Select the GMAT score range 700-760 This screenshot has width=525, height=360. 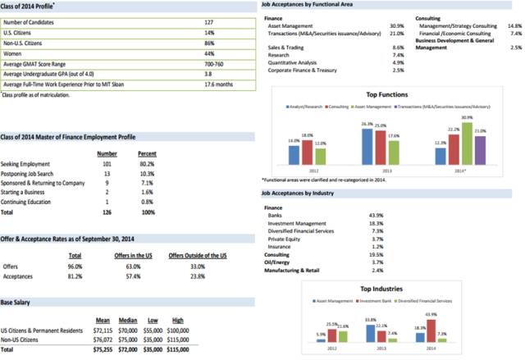[x=215, y=62]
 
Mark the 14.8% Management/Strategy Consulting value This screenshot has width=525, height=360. [x=514, y=25]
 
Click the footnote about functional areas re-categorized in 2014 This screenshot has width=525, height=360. [x=336, y=179]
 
